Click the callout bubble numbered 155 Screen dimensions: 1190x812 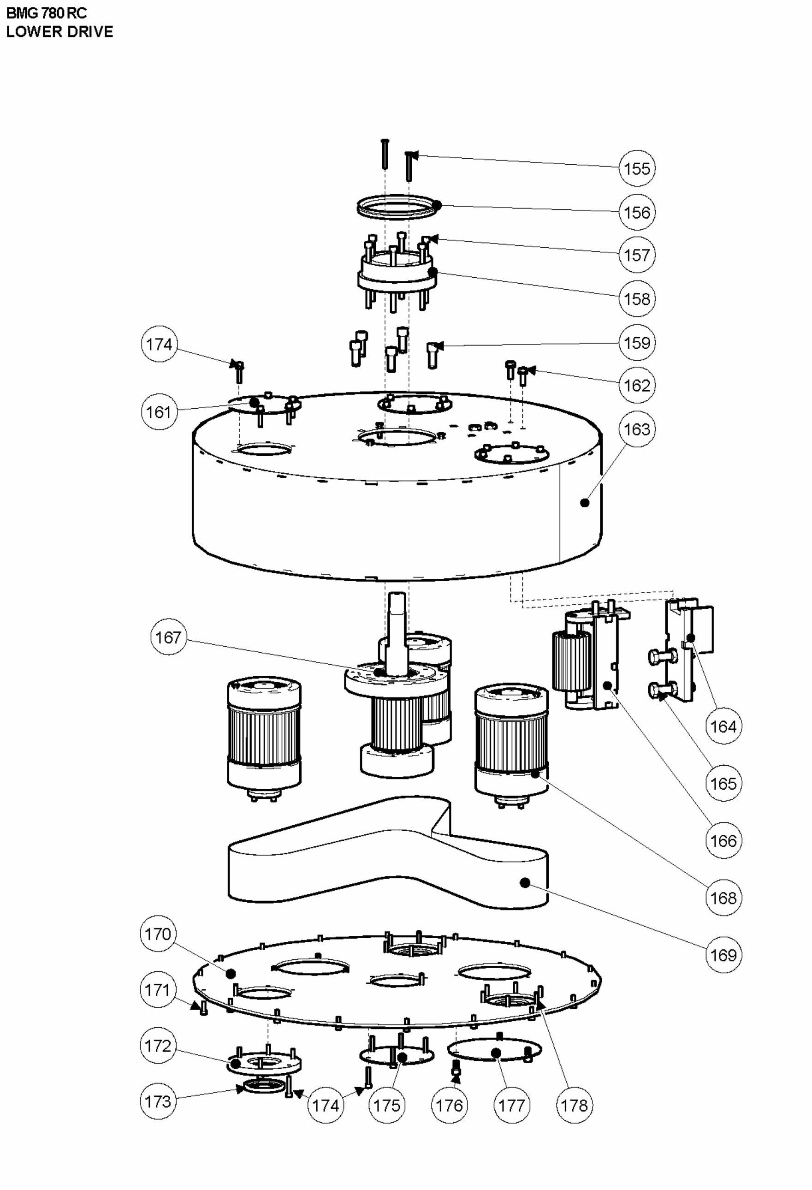coord(636,168)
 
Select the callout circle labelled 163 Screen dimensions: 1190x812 coord(636,429)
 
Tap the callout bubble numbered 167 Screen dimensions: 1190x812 coord(168,637)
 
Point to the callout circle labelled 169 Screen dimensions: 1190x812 coord(723,955)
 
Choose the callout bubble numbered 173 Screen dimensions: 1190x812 coord(158,1101)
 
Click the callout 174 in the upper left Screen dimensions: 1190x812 coord(159,345)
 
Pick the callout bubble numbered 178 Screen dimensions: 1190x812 coord(574,1106)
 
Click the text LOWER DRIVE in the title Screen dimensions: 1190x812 coord(59,32)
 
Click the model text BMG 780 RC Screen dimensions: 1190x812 coord(47,13)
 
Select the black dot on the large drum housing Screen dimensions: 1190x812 coord(585,503)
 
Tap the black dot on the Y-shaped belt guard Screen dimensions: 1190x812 coord(524,882)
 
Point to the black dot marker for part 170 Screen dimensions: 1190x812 coord(231,973)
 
